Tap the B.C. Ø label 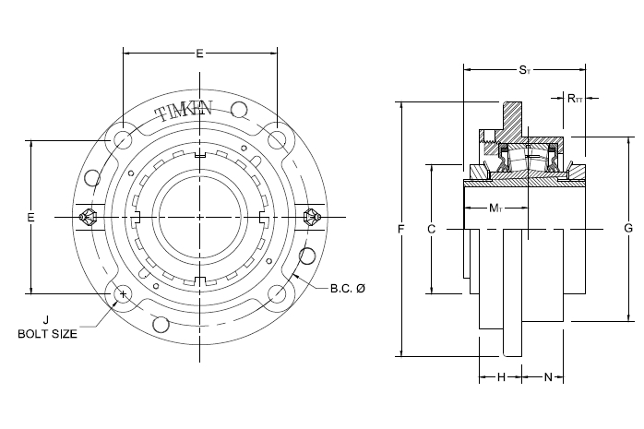[x=348, y=288]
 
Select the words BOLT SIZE [x=47, y=334]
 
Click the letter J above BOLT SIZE [x=46, y=320]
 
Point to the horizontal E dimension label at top [x=199, y=54]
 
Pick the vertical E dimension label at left [x=30, y=217]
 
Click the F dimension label [x=401, y=229]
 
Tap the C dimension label [x=431, y=229]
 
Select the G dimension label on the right [x=628, y=228]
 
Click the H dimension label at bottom [x=501, y=376]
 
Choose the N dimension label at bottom [x=548, y=376]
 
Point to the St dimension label [x=524, y=70]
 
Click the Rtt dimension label [x=575, y=98]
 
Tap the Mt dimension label [x=495, y=209]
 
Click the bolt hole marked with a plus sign [x=123, y=294]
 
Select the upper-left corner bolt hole [x=123, y=139]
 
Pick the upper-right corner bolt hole [x=277, y=139]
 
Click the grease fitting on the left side [x=88, y=217]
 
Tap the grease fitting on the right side [x=312, y=217]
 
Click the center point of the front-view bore [x=199, y=217]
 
